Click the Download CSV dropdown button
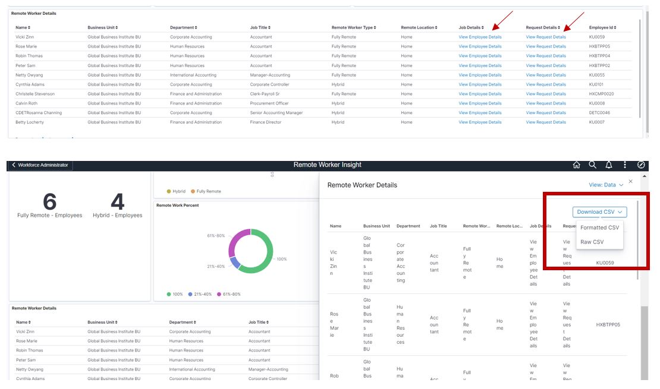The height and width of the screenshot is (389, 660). click(599, 212)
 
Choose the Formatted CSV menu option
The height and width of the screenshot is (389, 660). click(599, 227)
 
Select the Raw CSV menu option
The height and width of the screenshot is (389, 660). click(592, 242)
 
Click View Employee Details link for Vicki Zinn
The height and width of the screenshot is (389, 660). click(480, 37)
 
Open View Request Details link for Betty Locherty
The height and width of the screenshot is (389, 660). click(546, 122)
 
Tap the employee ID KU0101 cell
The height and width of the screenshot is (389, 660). click(596, 84)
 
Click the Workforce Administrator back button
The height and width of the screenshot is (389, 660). click(40, 165)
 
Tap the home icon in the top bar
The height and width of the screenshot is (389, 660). click(576, 165)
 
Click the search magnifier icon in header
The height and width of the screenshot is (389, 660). click(592, 165)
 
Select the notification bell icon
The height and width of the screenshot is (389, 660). click(609, 165)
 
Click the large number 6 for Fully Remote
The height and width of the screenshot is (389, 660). click(49, 203)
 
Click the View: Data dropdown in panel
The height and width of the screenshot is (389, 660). click(606, 185)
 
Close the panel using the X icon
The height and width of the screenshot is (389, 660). click(631, 182)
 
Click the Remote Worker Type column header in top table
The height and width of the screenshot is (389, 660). click(353, 27)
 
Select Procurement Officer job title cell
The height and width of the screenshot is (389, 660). click(269, 103)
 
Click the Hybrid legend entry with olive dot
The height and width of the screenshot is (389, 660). click(176, 191)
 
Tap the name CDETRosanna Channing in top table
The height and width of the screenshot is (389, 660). click(39, 113)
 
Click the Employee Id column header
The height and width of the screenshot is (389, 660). click(602, 27)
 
